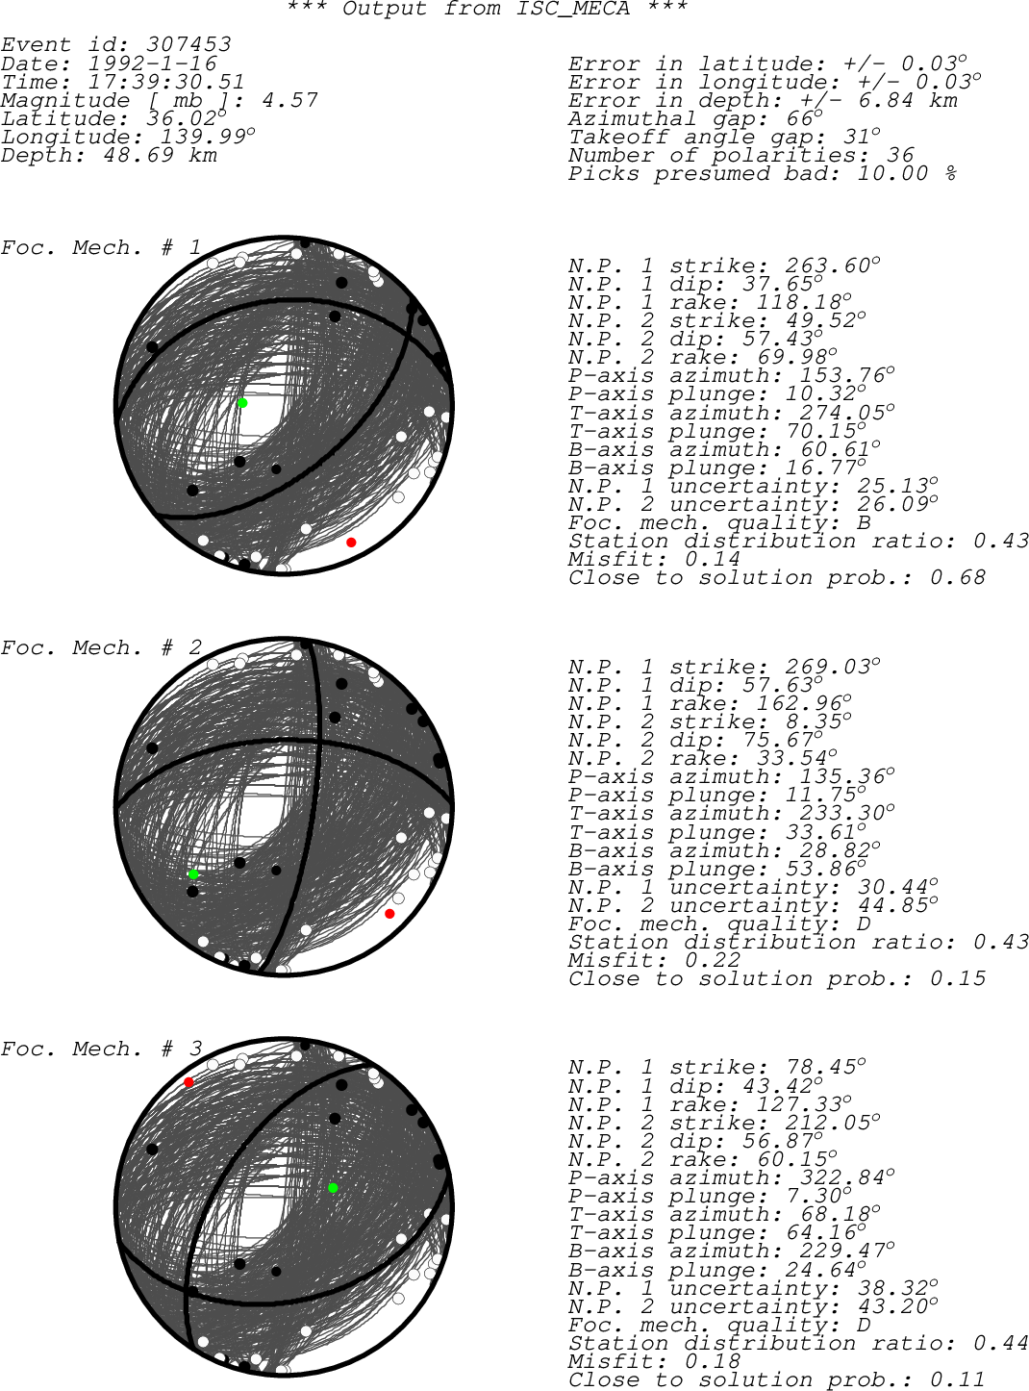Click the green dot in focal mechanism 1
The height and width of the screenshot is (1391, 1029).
click(x=242, y=403)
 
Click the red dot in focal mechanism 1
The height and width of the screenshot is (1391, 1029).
click(x=351, y=542)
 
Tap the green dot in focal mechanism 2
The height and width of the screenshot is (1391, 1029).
click(x=193, y=874)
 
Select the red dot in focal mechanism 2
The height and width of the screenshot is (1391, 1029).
click(x=389, y=914)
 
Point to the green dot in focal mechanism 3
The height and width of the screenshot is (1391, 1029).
click(x=333, y=1188)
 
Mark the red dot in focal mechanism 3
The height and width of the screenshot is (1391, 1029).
click(x=188, y=1082)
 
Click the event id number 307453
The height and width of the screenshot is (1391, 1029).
click(x=188, y=44)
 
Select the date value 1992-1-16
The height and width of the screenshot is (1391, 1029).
click(x=152, y=63)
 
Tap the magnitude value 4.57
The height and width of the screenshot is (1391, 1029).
click(x=289, y=100)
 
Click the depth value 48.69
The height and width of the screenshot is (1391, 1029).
click(x=138, y=155)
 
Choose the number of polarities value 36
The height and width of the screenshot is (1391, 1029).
click(x=900, y=155)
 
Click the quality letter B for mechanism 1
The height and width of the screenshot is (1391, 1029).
click(x=865, y=522)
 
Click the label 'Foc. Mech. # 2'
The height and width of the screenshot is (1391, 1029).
click(x=101, y=647)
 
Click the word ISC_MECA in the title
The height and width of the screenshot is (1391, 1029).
click(x=572, y=9)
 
